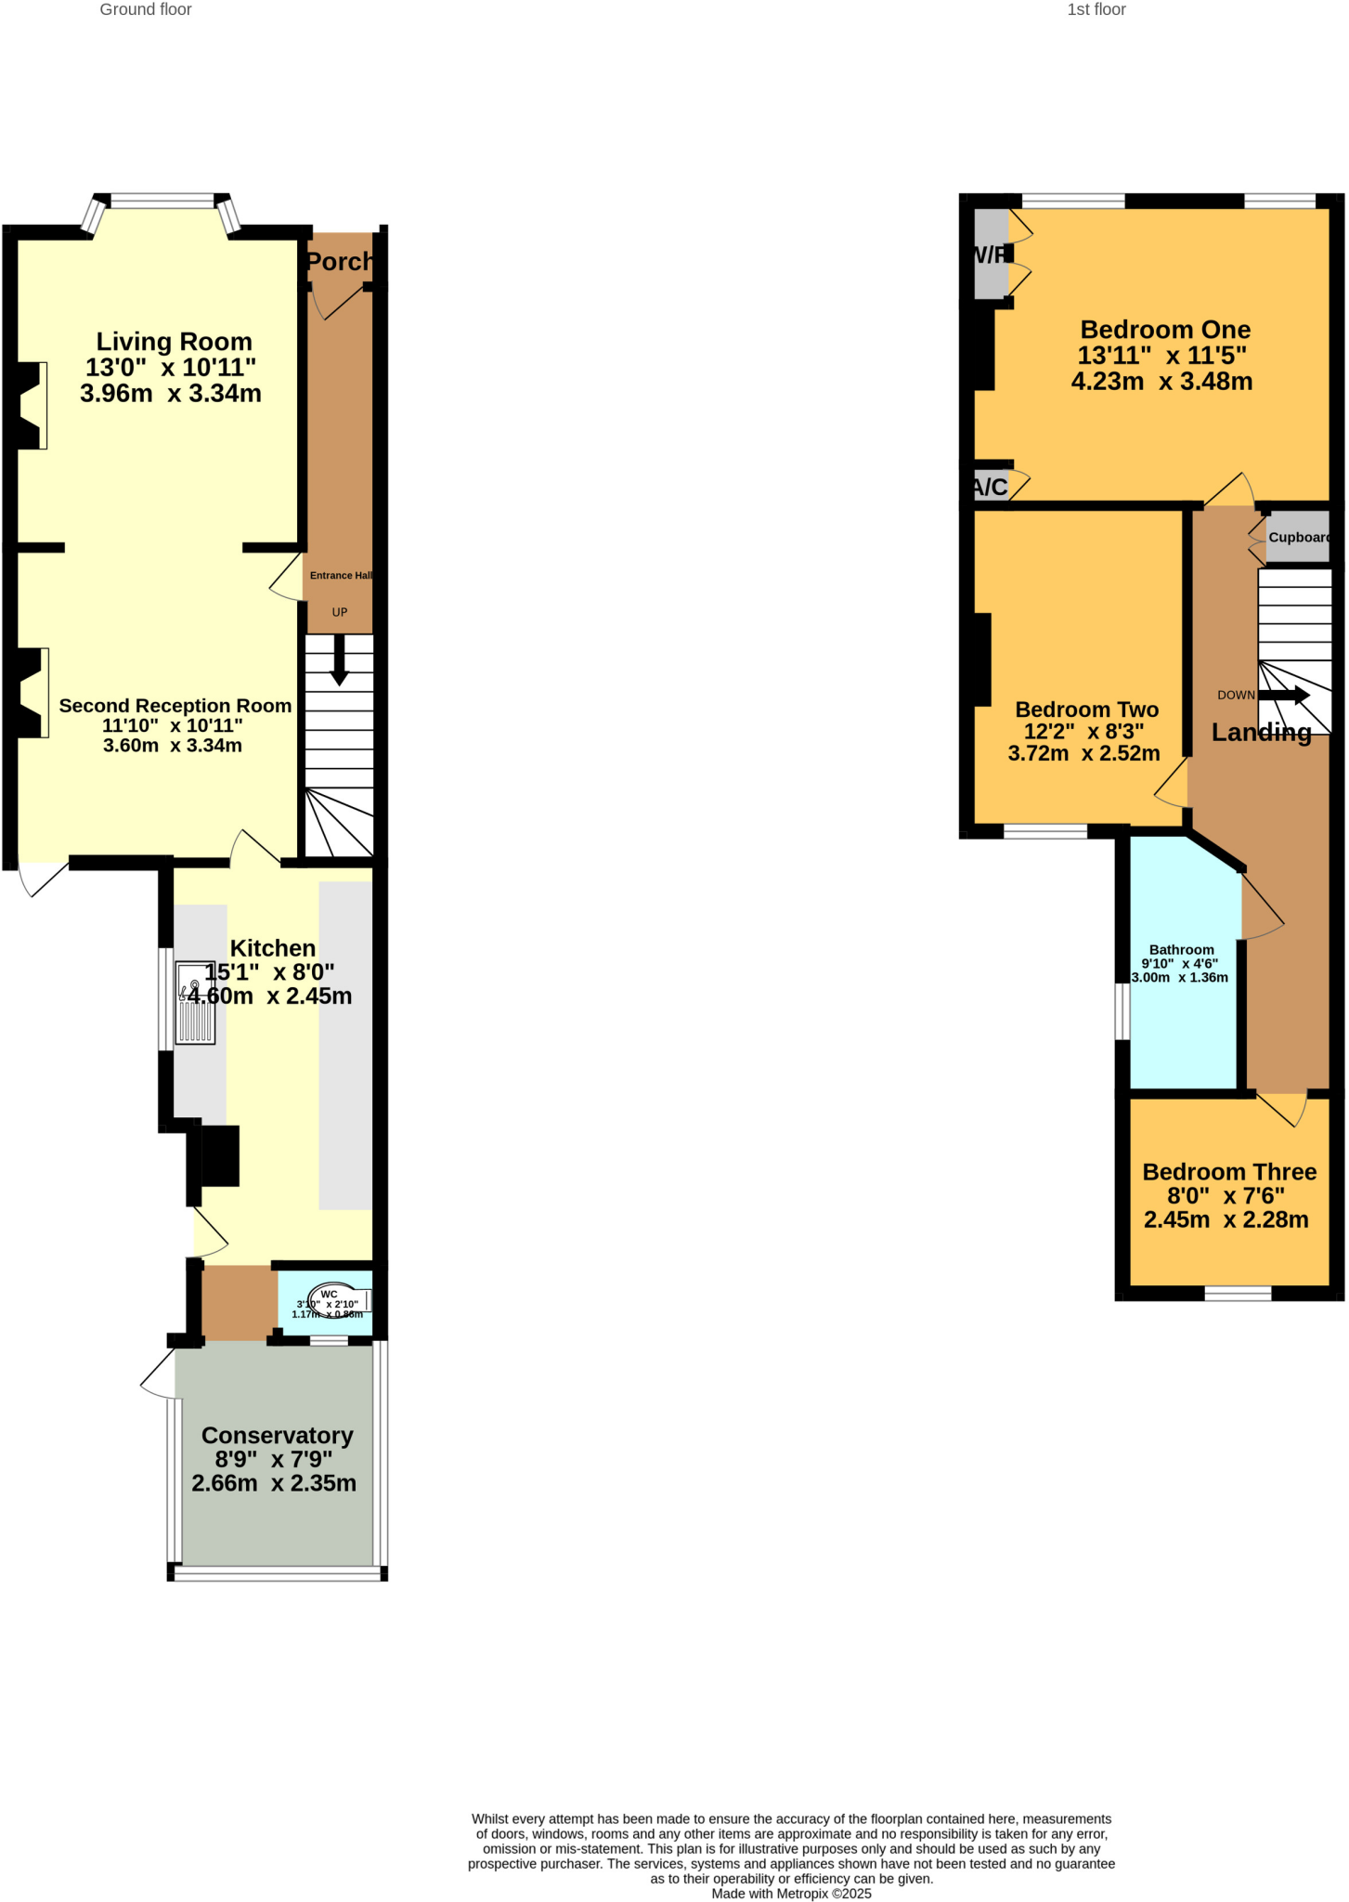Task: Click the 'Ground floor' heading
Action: coord(146,10)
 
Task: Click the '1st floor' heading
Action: coord(1096,10)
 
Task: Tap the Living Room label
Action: coord(174,342)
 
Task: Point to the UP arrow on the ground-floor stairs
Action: coord(339,660)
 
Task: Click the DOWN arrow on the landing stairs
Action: coord(1284,695)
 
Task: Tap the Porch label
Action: coord(339,262)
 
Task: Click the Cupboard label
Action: coord(1299,538)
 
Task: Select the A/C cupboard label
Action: coord(990,487)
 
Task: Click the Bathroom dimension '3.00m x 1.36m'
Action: coord(1179,978)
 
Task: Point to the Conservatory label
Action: coord(277,1436)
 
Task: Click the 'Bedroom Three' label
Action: coord(1228,1172)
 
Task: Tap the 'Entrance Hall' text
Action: coord(341,576)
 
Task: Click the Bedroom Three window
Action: coord(1237,1293)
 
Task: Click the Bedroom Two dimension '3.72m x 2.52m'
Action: coord(1083,754)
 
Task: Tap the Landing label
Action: coord(1261,733)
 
